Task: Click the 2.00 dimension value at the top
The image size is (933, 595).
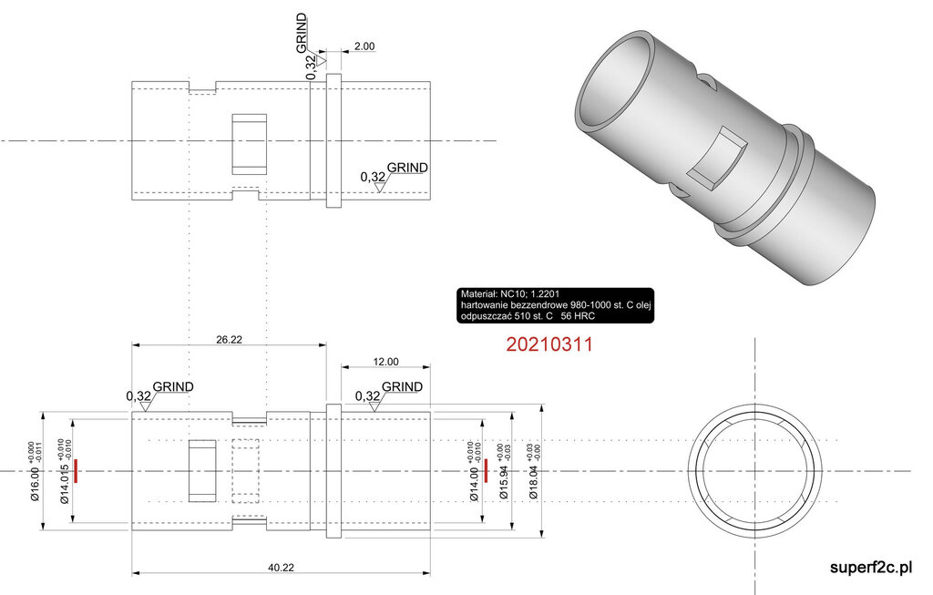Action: click(x=364, y=46)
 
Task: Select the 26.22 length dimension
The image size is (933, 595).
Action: click(x=229, y=338)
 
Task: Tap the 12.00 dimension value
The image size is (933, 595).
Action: click(x=386, y=362)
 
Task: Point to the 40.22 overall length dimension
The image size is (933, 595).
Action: click(x=281, y=567)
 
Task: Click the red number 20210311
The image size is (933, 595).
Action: click(x=549, y=345)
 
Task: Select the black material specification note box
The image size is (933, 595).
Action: click(x=559, y=305)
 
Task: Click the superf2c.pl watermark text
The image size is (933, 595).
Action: click(x=871, y=568)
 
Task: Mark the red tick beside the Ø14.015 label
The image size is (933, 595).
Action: click(x=78, y=471)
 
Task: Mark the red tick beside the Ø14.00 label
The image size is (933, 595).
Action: click(x=487, y=471)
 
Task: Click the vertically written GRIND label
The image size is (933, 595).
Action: click(x=302, y=34)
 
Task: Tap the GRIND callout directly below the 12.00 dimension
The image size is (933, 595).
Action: click(x=402, y=386)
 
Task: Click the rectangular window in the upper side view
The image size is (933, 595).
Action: click(x=249, y=144)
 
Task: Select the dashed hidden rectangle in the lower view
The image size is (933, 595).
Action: click(x=249, y=471)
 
